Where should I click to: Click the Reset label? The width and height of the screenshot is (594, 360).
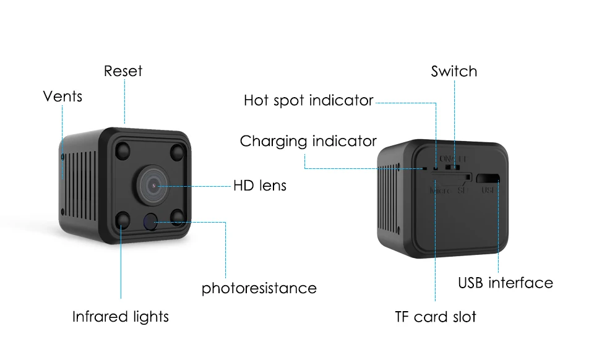[x=123, y=71]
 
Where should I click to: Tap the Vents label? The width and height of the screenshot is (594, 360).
[x=62, y=96]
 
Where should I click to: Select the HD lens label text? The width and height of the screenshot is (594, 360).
[x=260, y=185]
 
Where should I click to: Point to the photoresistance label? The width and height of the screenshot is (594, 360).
[x=259, y=288]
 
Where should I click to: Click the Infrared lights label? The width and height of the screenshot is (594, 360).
[x=120, y=317]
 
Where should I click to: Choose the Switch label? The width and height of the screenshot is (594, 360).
[x=454, y=71]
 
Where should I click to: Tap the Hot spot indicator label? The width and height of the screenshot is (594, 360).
[x=308, y=100]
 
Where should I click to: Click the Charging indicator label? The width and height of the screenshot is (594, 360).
[x=308, y=141]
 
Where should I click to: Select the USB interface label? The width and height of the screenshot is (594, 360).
[x=506, y=283]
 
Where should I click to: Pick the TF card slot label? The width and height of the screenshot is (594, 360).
[x=436, y=317]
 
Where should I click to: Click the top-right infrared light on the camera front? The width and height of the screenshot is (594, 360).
[x=179, y=152]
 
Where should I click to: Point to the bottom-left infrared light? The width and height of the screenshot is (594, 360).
[x=123, y=218]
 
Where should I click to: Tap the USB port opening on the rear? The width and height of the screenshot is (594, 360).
[x=488, y=178]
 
